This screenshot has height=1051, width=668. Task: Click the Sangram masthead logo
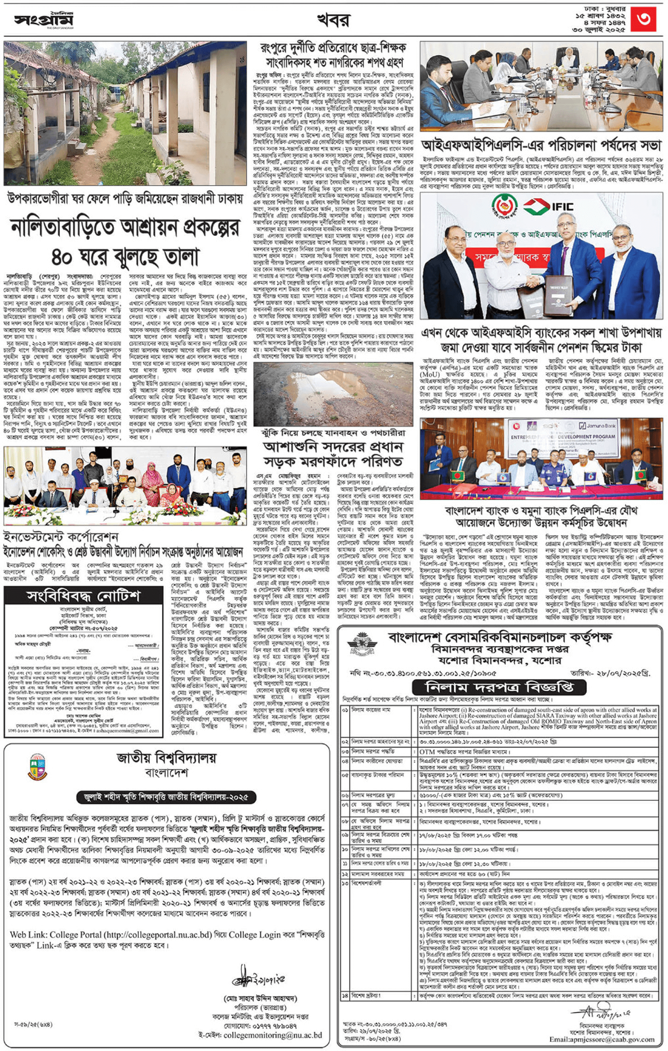click(44, 20)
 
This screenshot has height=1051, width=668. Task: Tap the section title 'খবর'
click(334, 20)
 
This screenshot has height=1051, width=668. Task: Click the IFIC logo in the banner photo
click(548, 206)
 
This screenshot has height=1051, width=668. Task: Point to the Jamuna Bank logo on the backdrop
click(598, 425)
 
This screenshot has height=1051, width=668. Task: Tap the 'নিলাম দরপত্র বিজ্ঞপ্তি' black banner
click(499, 687)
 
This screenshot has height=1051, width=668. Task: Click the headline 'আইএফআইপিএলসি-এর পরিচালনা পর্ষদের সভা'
click(541, 146)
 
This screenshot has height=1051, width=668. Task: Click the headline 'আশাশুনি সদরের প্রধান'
click(333, 446)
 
